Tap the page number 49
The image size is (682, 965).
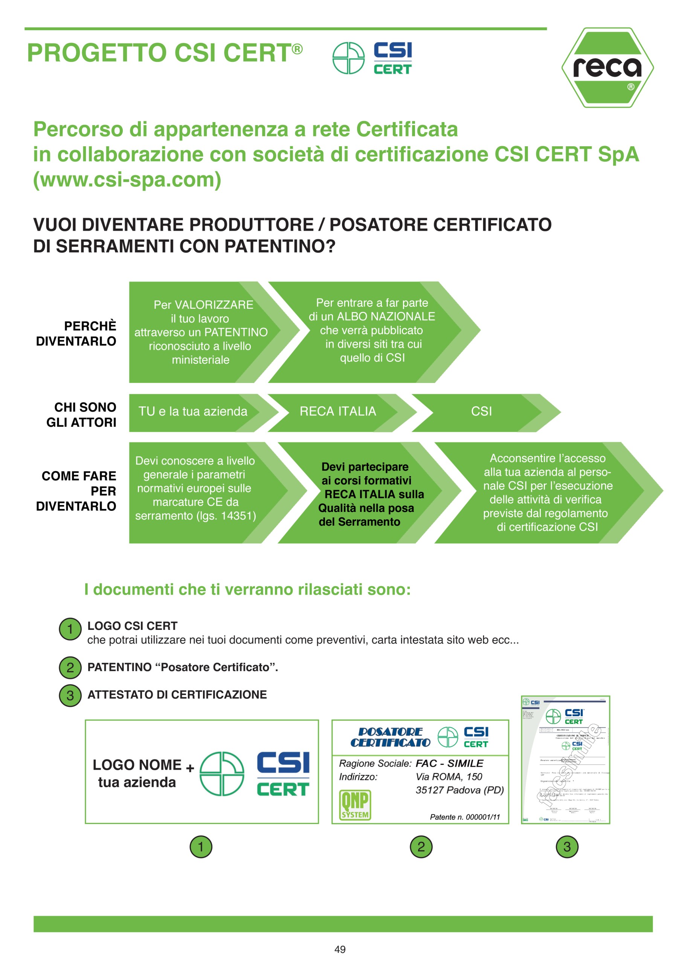(x=340, y=949)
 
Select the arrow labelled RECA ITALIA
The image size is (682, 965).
(x=338, y=412)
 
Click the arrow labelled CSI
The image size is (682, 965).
(x=481, y=412)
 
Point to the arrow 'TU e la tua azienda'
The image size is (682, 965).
(x=193, y=412)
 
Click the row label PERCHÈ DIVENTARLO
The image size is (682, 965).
(x=76, y=333)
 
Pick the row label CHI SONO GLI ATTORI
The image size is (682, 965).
(x=81, y=414)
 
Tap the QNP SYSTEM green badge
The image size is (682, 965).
(x=355, y=804)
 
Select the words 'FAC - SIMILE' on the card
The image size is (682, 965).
(x=449, y=763)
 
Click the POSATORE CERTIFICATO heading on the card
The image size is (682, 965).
(x=390, y=737)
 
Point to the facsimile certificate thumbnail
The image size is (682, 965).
(x=565, y=760)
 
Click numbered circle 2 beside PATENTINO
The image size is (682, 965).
(x=70, y=668)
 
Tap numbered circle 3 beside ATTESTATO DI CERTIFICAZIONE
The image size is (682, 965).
(x=70, y=695)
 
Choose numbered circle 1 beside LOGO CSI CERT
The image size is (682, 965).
(x=70, y=629)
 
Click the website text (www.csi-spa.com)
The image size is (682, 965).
(x=127, y=180)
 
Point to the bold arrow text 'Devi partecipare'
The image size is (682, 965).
(x=365, y=467)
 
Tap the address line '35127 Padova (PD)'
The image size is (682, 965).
(x=459, y=790)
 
